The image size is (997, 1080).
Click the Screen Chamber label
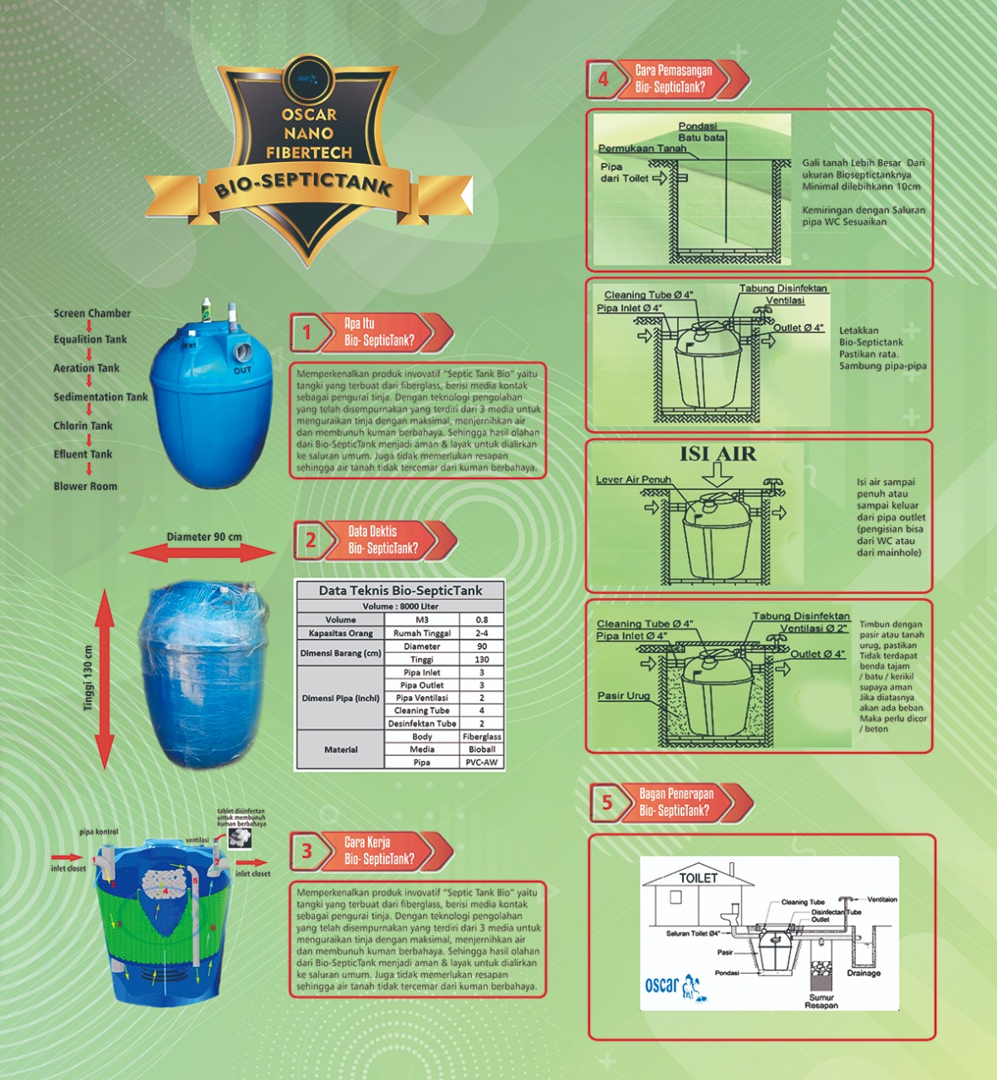click(92, 313)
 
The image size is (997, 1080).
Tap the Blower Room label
click(85, 486)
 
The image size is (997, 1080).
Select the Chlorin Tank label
click(83, 425)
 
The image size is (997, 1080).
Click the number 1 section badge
click(307, 332)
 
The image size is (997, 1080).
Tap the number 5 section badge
click(606, 802)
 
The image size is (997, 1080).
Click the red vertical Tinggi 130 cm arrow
click(104, 678)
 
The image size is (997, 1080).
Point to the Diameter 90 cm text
click(203, 537)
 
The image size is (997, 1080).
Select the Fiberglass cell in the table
click(481, 737)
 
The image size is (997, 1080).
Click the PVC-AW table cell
click(481, 762)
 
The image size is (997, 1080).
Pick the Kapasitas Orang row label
click(340, 633)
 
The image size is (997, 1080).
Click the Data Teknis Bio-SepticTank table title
click(400, 591)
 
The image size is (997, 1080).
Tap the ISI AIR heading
click(718, 454)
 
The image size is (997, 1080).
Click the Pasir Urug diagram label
click(624, 696)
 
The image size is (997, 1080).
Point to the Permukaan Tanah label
click(642, 148)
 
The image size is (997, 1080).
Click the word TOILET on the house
click(699, 877)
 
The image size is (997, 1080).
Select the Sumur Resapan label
click(821, 1001)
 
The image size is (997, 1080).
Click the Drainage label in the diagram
click(864, 973)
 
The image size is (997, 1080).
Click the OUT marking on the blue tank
click(242, 370)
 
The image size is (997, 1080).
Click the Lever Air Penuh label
click(633, 479)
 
